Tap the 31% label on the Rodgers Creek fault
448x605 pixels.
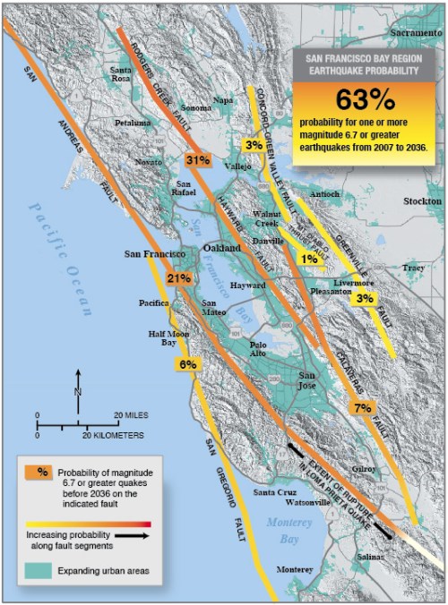point(198,160)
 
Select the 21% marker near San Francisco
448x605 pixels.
point(179,278)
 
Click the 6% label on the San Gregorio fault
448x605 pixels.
point(187,364)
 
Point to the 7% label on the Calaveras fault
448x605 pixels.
point(362,408)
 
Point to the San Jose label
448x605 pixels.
point(307,380)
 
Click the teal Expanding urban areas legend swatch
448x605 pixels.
point(41,569)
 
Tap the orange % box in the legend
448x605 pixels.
point(41,472)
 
